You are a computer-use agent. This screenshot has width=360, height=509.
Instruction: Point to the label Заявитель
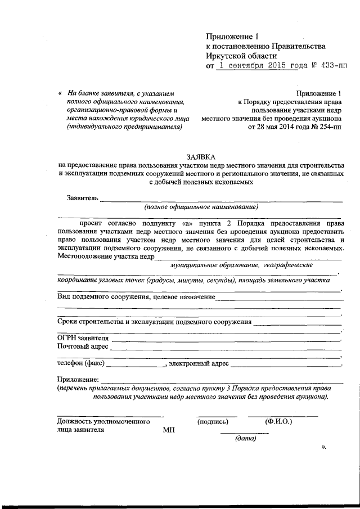click(x=83, y=198)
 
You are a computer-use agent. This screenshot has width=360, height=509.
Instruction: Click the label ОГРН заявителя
click(x=83, y=337)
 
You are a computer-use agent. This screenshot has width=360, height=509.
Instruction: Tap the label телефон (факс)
click(x=80, y=364)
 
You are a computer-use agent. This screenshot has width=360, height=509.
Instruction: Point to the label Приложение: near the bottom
click(x=78, y=381)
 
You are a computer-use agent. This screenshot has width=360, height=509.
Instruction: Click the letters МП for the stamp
click(x=169, y=429)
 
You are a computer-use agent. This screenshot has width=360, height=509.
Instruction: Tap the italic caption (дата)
click(x=246, y=439)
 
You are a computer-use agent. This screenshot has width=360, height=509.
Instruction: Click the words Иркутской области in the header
click(x=241, y=56)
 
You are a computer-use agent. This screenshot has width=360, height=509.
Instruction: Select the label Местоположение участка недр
click(x=106, y=256)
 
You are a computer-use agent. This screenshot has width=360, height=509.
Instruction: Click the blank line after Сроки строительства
click(x=297, y=322)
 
